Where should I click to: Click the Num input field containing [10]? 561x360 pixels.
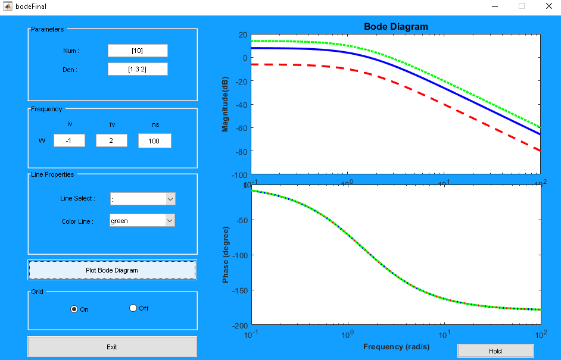point(138,51)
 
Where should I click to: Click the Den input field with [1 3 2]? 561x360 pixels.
point(138,70)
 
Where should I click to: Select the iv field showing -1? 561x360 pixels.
point(69,140)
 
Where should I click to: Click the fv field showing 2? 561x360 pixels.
point(111,140)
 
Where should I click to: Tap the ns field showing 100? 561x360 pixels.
point(154,141)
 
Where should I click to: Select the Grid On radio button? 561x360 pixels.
point(74,309)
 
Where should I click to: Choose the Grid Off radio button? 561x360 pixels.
point(133,308)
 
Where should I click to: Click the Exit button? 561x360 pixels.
point(112,347)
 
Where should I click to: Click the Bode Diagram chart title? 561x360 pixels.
point(395,27)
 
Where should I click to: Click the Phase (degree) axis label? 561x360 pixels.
point(226,254)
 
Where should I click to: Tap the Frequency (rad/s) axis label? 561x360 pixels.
point(396,346)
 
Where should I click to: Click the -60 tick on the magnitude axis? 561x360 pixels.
point(240,128)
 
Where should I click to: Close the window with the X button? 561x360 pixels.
point(548,6)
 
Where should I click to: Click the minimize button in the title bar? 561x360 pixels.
point(495,6)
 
